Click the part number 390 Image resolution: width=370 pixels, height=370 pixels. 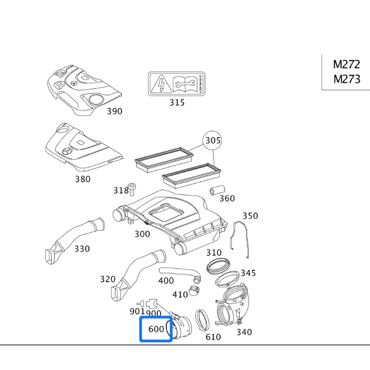pos(114,111)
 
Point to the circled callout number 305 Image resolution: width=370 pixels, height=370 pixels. pos(213,141)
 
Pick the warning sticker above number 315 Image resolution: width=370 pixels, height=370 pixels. pos(177,84)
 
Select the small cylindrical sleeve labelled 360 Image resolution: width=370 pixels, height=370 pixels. pos(217,190)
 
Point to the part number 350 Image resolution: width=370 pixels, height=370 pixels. pos(250,216)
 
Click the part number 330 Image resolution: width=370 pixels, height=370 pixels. pos(82,249)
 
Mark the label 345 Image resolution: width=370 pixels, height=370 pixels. pos(248,273)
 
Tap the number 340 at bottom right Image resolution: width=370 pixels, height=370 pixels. pos(244,332)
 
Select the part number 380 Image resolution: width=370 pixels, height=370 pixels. pos(82,179)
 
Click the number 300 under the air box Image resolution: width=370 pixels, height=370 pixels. pos(142,234)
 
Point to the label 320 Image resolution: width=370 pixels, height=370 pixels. pos(108,279)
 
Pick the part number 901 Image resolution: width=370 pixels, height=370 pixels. pos(137,311)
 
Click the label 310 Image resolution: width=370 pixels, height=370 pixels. pos(214,253)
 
